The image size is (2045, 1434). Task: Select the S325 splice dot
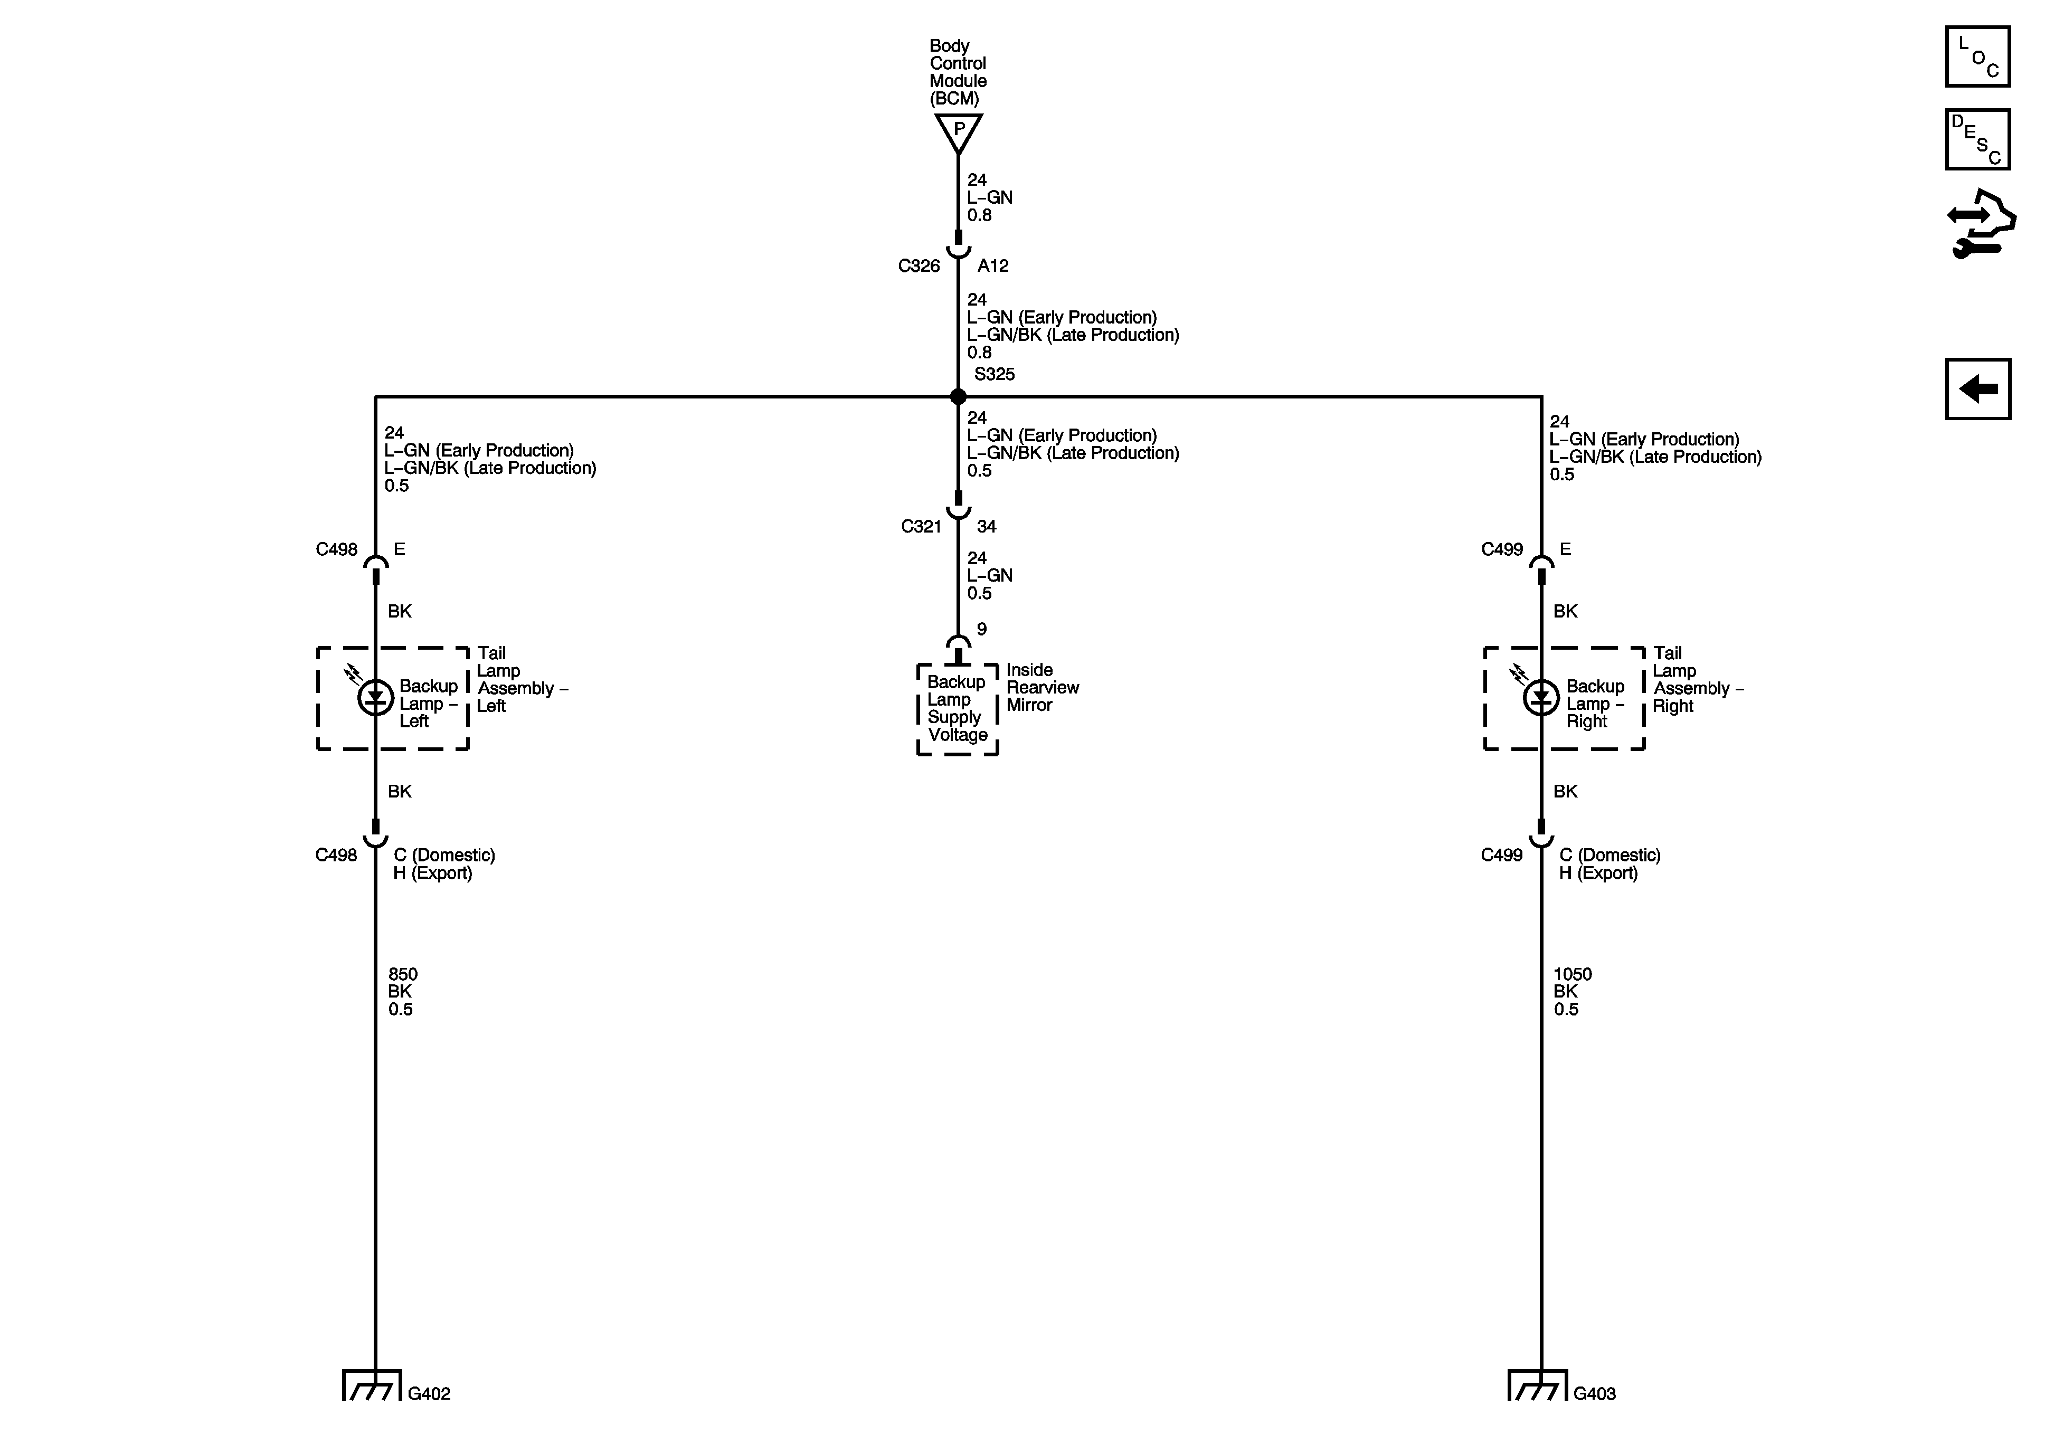(x=959, y=396)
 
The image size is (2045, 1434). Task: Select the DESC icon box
(x=1977, y=139)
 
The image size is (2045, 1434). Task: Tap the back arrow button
(x=1977, y=388)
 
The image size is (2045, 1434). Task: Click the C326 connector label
(x=919, y=265)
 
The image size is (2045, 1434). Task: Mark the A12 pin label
(x=993, y=265)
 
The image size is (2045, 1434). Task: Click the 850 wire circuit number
(x=403, y=974)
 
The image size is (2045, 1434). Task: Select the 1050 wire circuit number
(x=1572, y=974)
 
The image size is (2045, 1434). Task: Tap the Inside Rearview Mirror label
(x=1042, y=688)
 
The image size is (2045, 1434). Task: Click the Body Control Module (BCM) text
(x=958, y=72)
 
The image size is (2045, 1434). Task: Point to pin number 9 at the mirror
(x=981, y=629)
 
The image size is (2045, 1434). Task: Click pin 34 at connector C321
(x=986, y=526)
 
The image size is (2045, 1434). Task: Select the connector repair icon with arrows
(x=1981, y=224)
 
